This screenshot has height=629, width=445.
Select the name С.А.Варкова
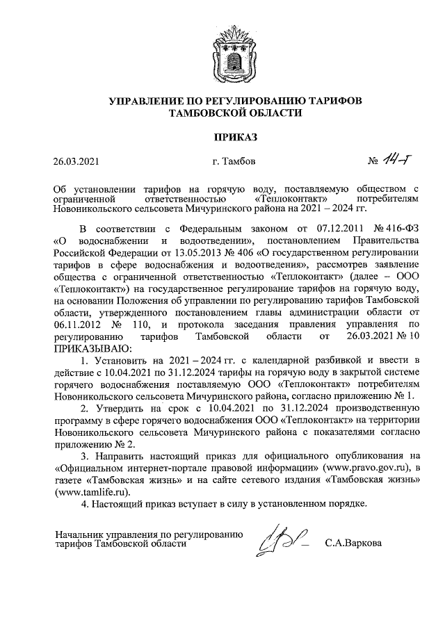click(x=353, y=543)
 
